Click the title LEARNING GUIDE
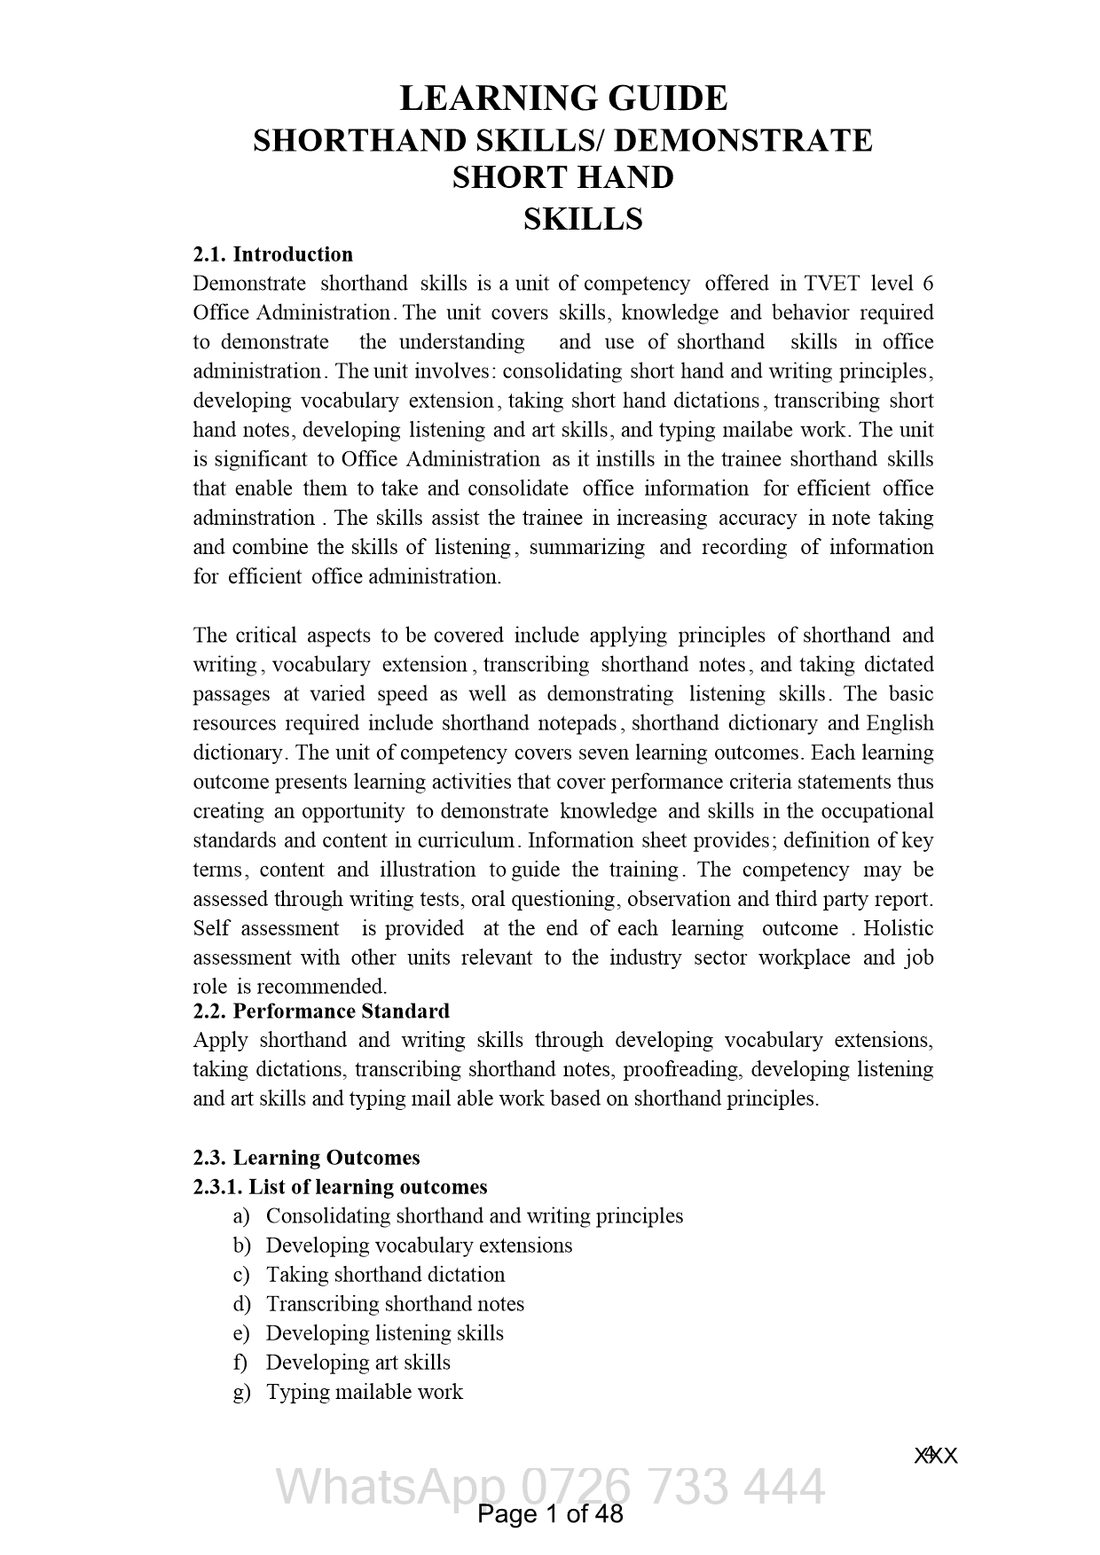(x=563, y=98)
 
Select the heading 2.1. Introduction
(x=273, y=254)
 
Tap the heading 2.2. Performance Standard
(x=321, y=1012)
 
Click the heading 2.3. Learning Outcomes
(x=306, y=1158)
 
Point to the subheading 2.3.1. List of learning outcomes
(x=340, y=1187)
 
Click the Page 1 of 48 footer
(x=550, y=1513)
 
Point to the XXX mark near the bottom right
(x=936, y=1456)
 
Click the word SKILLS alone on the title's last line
(x=583, y=219)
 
